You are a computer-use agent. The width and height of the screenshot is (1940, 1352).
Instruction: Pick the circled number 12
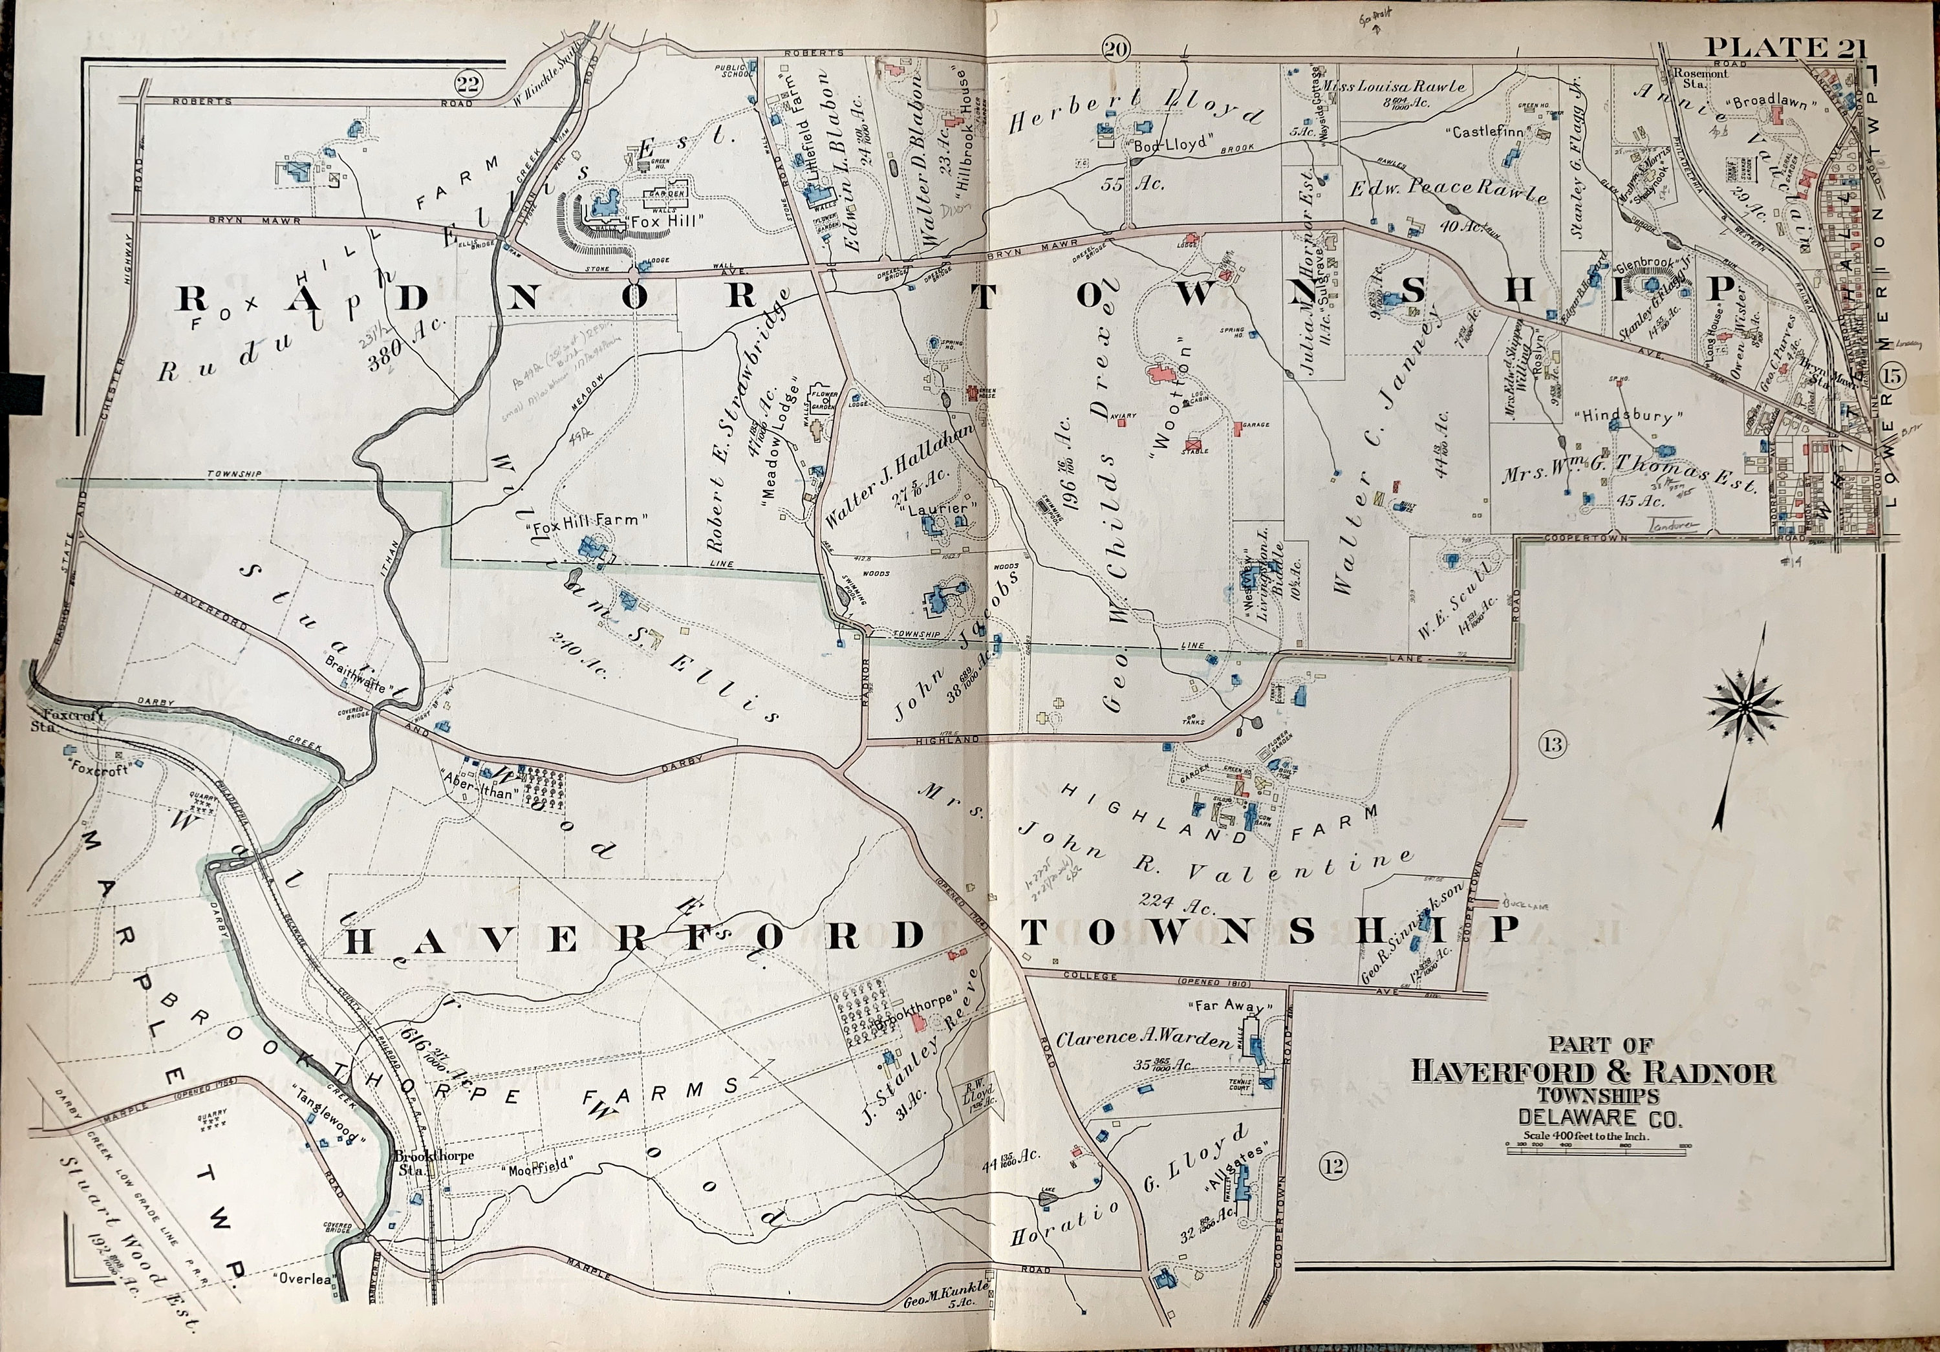click(1333, 1166)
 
